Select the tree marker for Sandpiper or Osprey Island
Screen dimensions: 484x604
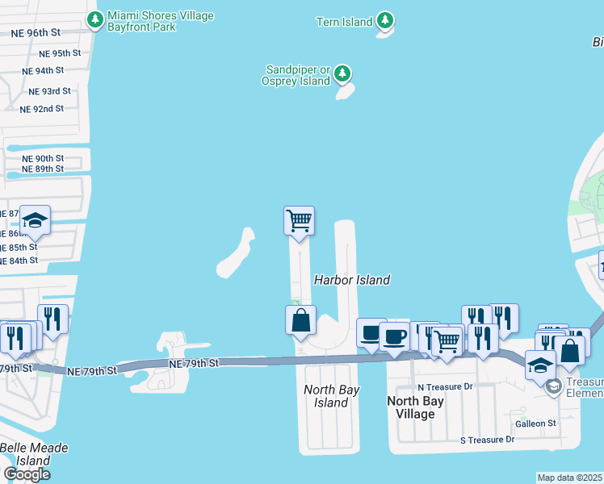342,75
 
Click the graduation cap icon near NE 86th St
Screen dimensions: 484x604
36,220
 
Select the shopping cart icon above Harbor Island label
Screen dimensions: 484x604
299,220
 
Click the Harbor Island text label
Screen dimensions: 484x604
351,280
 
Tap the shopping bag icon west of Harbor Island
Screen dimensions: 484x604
300,319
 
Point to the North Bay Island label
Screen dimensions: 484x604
331,396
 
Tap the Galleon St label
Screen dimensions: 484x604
535,423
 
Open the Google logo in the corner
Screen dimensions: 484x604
27,474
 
